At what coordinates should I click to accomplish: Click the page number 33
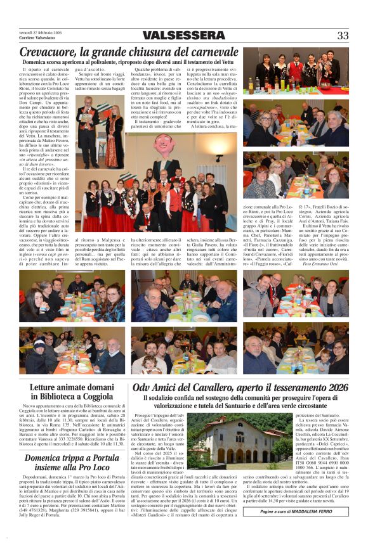coord(343,35)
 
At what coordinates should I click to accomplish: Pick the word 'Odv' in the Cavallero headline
coord(143,387)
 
